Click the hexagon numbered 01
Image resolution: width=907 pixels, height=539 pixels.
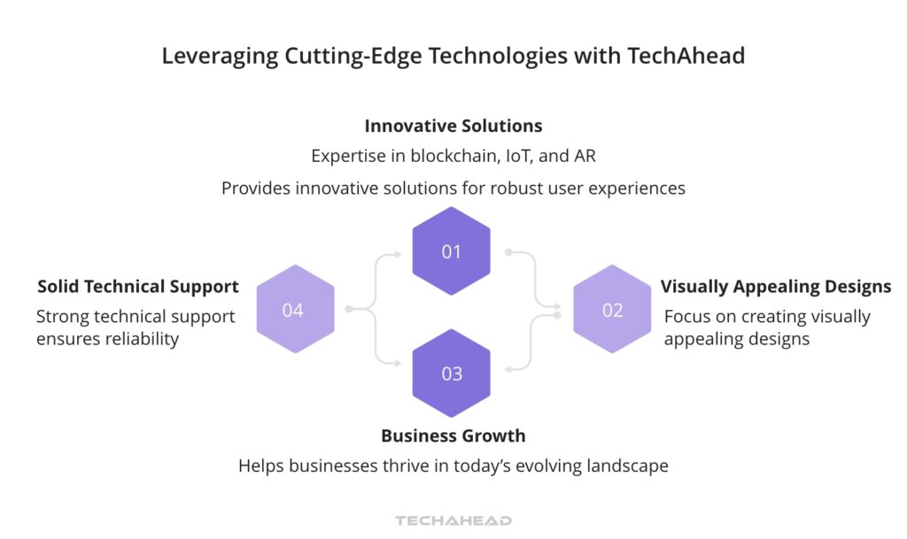(x=452, y=251)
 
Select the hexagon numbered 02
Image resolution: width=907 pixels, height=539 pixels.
(x=612, y=309)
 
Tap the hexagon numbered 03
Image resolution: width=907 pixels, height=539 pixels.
(x=452, y=373)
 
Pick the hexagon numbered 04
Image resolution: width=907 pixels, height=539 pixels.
(x=294, y=309)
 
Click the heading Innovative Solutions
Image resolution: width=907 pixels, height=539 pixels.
(x=453, y=126)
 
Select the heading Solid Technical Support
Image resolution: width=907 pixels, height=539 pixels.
(x=137, y=286)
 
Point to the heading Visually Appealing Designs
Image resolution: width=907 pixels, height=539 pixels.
(x=776, y=286)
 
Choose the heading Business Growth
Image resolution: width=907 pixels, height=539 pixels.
(x=453, y=435)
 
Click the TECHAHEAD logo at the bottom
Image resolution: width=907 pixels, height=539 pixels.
(x=453, y=520)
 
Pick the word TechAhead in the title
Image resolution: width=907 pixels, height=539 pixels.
(x=686, y=56)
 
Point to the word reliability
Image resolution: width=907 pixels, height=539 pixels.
(x=137, y=339)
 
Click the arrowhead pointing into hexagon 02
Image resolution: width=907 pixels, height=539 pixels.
(x=558, y=309)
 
